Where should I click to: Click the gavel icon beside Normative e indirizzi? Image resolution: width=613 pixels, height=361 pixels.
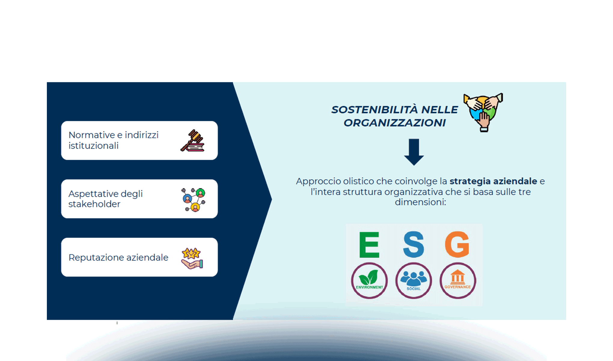pos(193,140)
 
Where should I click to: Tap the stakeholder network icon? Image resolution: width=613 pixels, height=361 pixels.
pos(194,199)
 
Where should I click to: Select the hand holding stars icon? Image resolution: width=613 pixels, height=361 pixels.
pos(192,258)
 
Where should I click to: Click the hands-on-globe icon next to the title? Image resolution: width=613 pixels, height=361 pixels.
pos(483,112)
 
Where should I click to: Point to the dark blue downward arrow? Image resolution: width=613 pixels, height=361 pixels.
pos(414,152)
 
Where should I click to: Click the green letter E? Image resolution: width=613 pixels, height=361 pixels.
pos(369,245)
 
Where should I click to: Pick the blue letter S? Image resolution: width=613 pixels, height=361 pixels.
pos(413,245)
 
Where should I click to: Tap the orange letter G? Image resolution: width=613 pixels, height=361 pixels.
pos(457,245)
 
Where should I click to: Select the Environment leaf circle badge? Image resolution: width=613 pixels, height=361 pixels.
pos(369,281)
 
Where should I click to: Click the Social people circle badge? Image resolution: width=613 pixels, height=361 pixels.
pos(413,281)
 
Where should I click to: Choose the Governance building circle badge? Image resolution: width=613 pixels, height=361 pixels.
pos(458,281)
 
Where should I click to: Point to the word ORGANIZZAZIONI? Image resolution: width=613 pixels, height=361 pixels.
pos(395,123)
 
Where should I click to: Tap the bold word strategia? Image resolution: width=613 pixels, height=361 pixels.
pos(470,181)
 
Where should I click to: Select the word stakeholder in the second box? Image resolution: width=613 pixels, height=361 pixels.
pos(94,204)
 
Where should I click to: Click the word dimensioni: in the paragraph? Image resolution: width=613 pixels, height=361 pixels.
pos(420,202)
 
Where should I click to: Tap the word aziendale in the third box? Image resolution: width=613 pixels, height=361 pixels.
pos(147,258)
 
